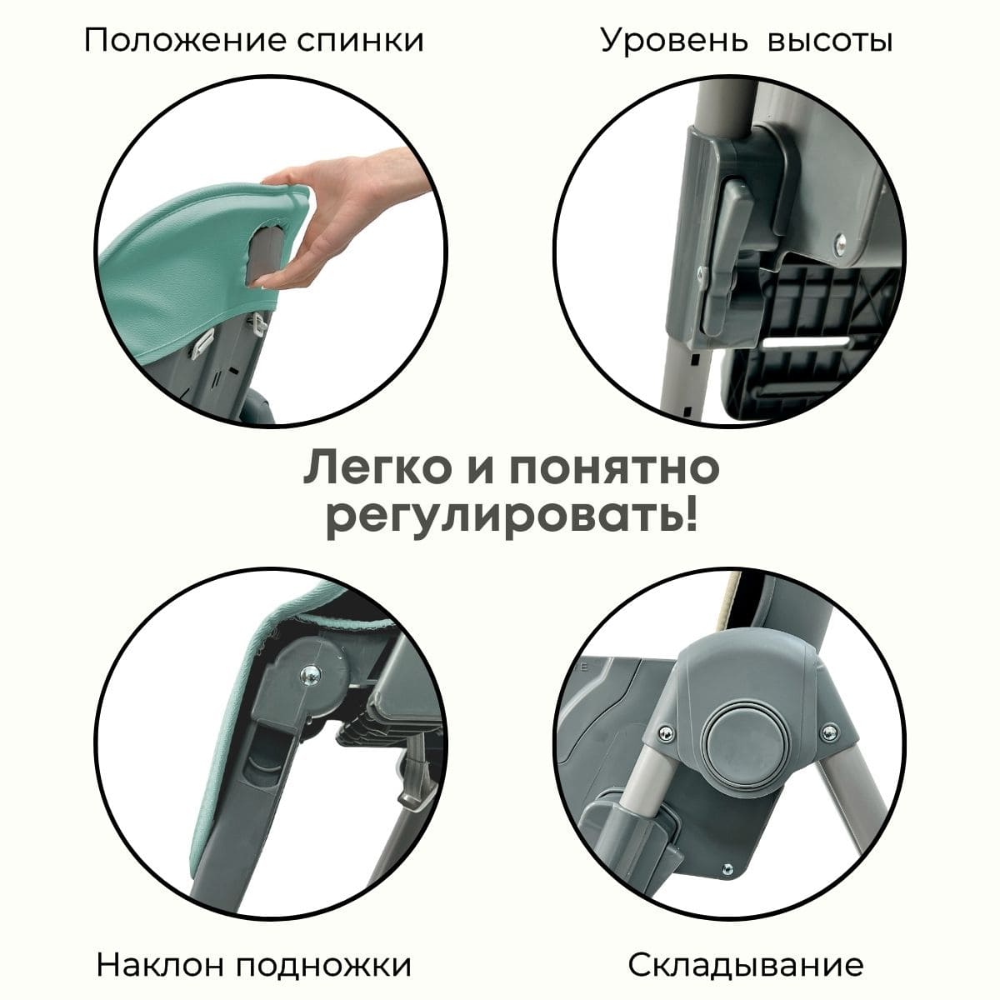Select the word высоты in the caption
click(830, 41)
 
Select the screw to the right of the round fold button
click(829, 732)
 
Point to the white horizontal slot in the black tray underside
click(806, 342)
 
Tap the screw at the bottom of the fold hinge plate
click(727, 868)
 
